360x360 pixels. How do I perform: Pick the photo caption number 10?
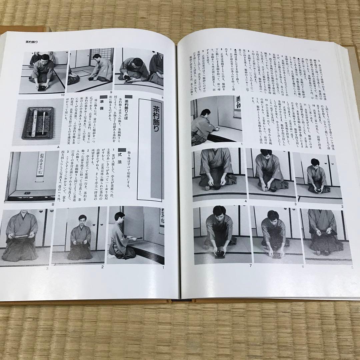click(x=62, y=95)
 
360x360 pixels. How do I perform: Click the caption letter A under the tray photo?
click(x=58, y=146)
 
